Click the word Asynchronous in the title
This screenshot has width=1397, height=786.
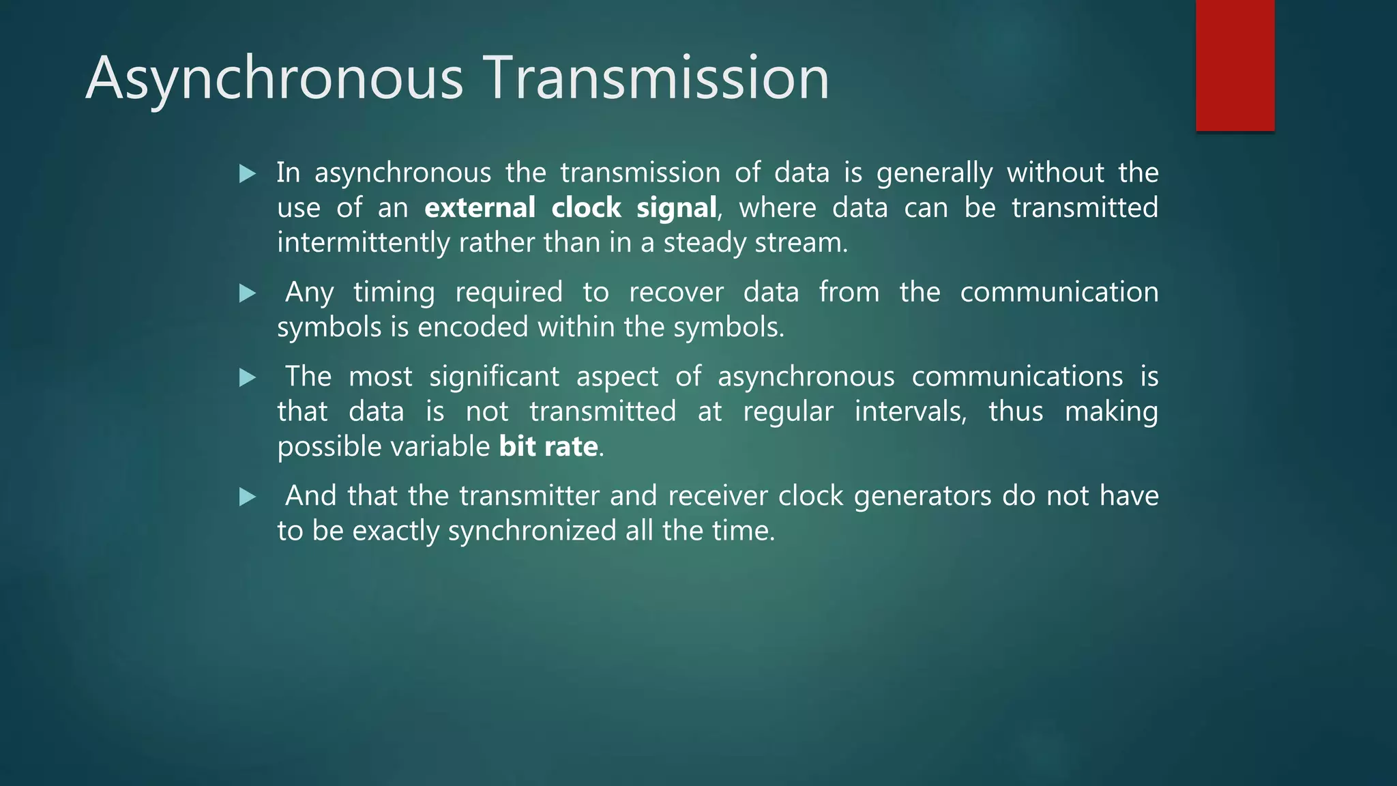pos(275,79)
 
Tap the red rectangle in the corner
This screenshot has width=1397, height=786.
pos(1235,65)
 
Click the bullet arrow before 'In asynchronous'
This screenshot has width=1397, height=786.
pos(248,174)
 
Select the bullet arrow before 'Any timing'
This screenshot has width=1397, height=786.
pos(248,293)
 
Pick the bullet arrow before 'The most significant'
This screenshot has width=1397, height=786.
pos(248,378)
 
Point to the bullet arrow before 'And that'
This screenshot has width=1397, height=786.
pos(248,497)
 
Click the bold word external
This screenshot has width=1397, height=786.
pos(480,208)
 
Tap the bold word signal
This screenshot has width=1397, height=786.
pos(676,208)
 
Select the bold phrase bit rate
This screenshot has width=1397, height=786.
pos(548,447)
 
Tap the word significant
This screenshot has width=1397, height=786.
pos(494,377)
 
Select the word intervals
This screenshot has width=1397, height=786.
pos(910,412)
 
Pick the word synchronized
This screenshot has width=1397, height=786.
pos(532,532)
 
